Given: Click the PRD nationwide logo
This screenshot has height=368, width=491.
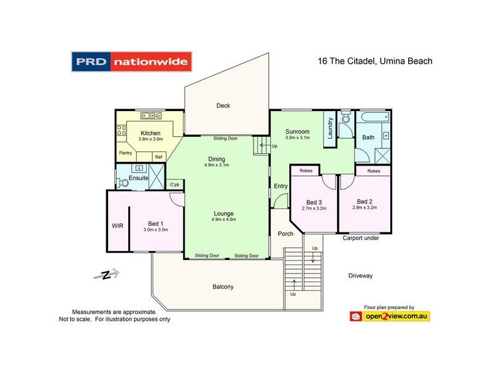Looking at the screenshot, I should click(132, 61).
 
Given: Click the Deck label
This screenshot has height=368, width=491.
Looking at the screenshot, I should click(223, 105).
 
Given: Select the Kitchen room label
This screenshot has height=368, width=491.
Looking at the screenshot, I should click(150, 133).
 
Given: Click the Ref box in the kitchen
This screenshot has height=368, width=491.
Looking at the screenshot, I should click(158, 157).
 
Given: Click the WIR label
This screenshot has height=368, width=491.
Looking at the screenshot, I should click(118, 226).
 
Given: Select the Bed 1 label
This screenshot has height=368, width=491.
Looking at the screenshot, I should click(155, 223).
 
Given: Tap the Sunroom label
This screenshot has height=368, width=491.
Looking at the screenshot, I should click(297, 131).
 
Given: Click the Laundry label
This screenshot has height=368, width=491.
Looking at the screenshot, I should click(329, 129).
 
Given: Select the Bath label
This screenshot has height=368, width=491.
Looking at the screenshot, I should click(368, 137).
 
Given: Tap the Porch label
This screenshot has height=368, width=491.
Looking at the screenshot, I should click(285, 234).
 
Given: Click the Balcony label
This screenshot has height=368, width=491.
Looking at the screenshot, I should click(223, 286).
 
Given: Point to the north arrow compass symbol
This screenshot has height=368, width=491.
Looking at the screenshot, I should click(106, 275).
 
